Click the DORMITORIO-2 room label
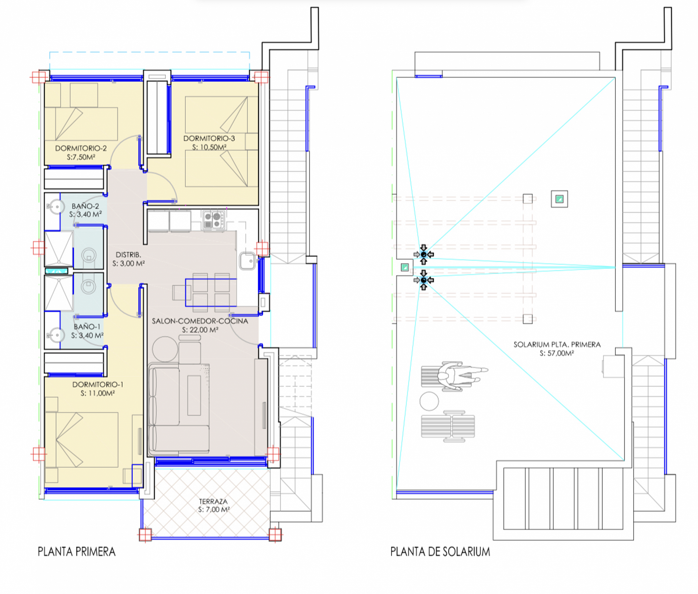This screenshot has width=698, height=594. (x=81, y=148)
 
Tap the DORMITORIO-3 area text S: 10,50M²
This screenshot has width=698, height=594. (x=209, y=147)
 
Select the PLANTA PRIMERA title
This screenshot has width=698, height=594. (x=76, y=551)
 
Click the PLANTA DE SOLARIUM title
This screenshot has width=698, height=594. (x=440, y=551)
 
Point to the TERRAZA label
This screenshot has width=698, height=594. (x=213, y=501)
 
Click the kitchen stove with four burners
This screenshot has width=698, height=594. (x=213, y=220)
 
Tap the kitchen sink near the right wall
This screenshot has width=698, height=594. (x=247, y=261)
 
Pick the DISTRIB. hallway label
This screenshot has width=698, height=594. (x=128, y=255)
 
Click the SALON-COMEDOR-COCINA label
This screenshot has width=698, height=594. (x=200, y=321)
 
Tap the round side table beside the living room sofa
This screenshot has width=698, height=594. (x=165, y=349)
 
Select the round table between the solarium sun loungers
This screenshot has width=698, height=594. (x=429, y=401)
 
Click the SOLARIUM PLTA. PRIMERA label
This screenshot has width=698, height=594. (x=557, y=344)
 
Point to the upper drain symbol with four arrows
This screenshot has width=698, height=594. (x=424, y=254)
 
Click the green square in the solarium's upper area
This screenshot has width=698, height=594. (x=559, y=199)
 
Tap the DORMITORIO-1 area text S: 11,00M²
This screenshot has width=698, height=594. (x=97, y=393)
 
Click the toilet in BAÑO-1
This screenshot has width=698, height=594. (x=88, y=286)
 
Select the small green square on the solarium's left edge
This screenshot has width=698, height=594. (x=405, y=267)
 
